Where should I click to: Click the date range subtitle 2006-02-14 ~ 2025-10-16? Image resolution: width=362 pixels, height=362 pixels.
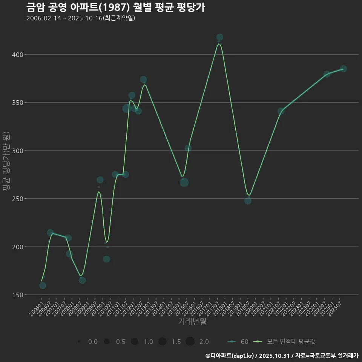pos(81,18)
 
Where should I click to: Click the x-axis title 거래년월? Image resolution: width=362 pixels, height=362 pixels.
pos(192,322)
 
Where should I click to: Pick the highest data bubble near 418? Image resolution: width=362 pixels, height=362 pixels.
pos(220,37)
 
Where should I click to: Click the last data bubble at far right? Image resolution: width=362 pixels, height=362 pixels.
pos(343,69)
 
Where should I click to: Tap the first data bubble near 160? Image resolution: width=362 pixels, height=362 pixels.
pos(43,285)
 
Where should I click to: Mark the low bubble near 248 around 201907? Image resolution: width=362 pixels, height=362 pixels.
pos(248,201)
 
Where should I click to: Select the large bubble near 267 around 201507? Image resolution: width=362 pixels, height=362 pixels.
pos(184,183)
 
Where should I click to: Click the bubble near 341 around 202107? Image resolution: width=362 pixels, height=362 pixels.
pos(281,111)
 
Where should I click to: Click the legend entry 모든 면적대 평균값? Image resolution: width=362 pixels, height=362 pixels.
pos(291,342)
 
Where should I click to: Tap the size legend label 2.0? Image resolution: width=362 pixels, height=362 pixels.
pos(204,342)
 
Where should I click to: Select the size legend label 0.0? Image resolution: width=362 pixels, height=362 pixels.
pos(93,342)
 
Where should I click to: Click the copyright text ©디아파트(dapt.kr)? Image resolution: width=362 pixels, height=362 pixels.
pos(230,356)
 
